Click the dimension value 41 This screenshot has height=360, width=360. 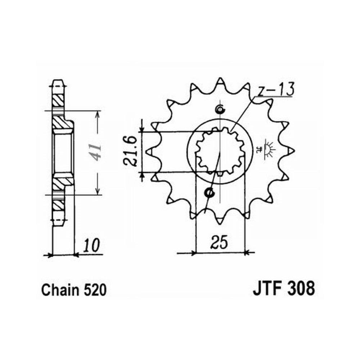96,152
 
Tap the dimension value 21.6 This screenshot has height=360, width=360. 130,151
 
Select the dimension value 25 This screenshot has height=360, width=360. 220,242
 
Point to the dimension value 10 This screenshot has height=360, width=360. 91,246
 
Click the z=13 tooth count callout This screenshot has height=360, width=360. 275,90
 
